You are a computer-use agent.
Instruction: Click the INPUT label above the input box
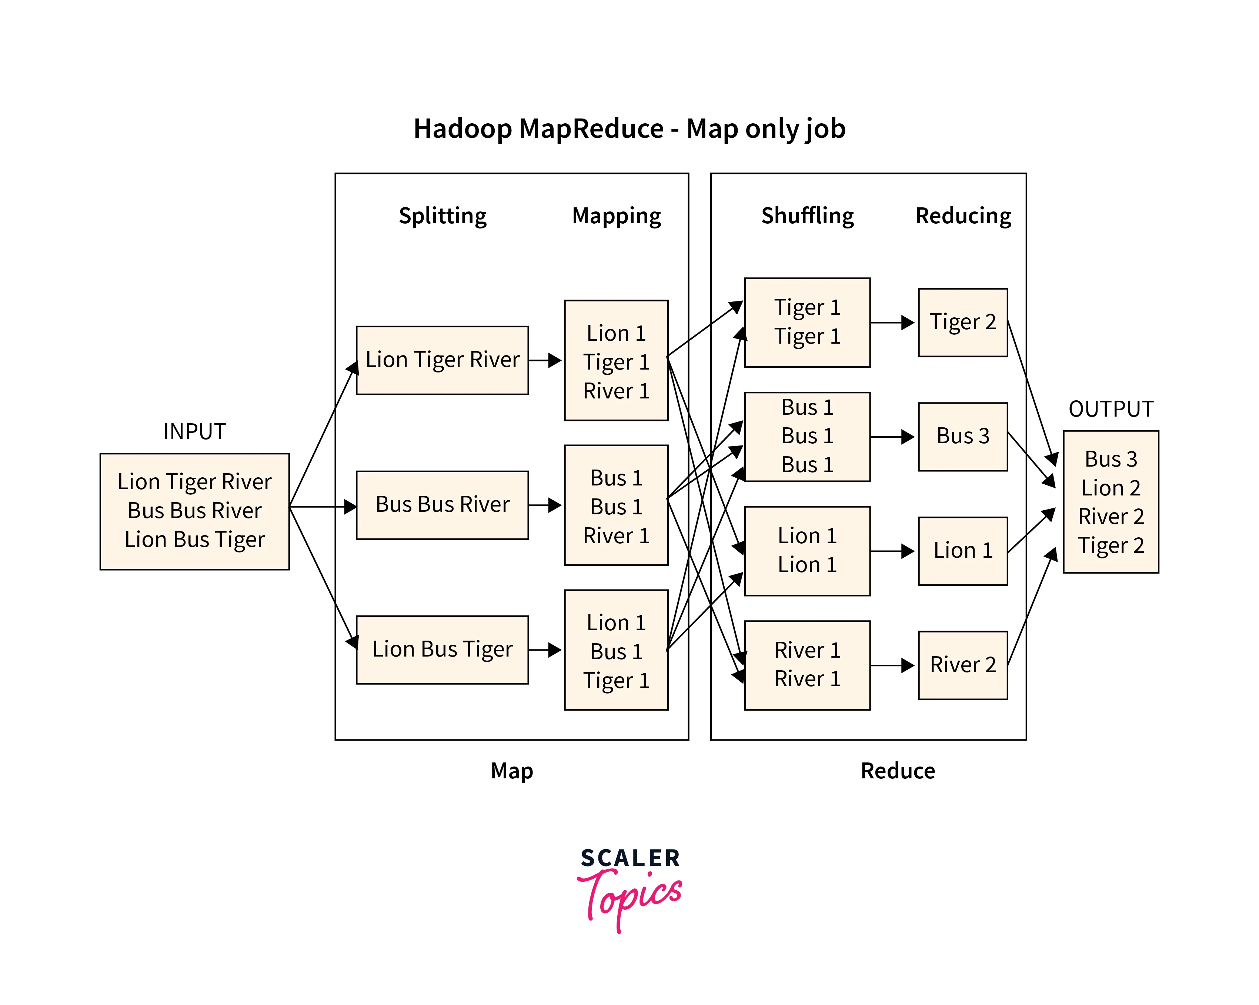pyautogui.click(x=194, y=431)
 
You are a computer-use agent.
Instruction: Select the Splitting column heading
pyautogui.click(x=442, y=216)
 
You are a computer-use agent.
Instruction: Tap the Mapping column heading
pyautogui.click(x=616, y=216)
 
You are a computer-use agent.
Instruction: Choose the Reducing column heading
pyautogui.click(x=963, y=216)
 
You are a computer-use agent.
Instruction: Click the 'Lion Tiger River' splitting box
pyautogui.click(x=442, y=360)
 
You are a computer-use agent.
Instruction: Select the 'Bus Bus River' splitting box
pyautogui.click(x=442, y=505)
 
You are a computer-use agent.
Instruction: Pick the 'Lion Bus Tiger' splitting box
pyautogui.click(x=442, y=650)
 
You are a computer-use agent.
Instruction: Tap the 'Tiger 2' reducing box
pyautogui.click(x=962, y=322)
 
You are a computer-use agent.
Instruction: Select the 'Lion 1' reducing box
pyautogui.click(x=962, y=551)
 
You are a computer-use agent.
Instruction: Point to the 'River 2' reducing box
pyautogui.click(x=962, y=665)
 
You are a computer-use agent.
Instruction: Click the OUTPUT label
pyautogui.click(x=1111, y=409)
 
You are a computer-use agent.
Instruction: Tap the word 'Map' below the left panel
pyautogui.click(x=511, y=771)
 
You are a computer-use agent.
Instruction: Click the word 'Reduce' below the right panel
pyautogui.click(x=898, y=771)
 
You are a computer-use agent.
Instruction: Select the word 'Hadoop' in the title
pyautogui.click(x=462, y=128)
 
